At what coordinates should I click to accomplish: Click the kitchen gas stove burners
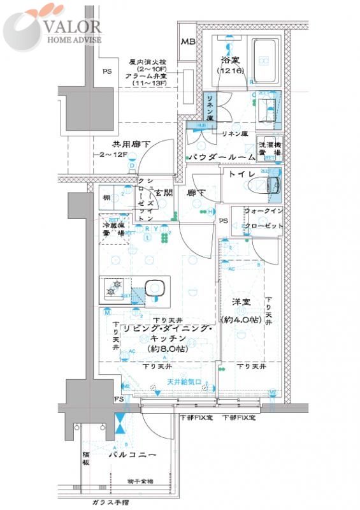pyautogui.click(x=113, y=288)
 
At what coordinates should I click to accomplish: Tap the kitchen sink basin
pyautogui.click(x=153, y=288)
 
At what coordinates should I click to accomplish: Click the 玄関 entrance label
pyautogui.click(x=164, y=192)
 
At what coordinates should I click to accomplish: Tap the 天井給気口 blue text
pyautogui.click(x=184, y=382)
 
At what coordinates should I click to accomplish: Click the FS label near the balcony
pyautogui.click(x=119, y=399)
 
